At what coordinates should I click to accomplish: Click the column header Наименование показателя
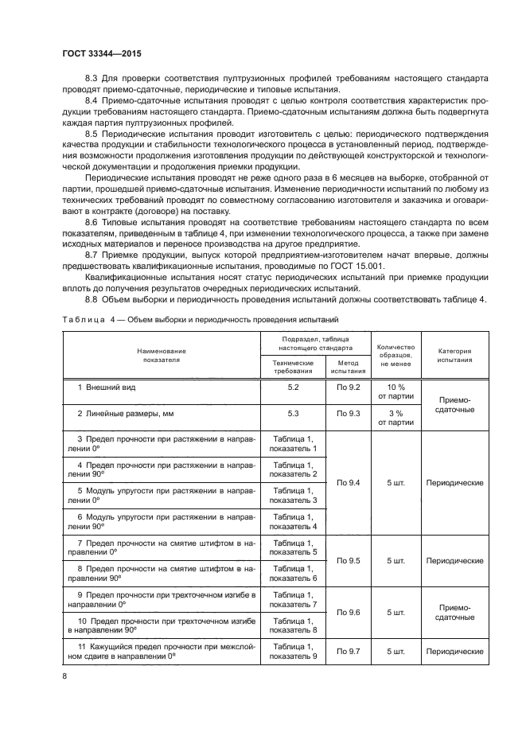pyautogui.click(x=161, y=355)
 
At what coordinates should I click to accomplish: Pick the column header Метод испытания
pyautogui.click(x=348, y=366)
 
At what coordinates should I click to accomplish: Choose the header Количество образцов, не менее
pyautogui.click(x=395, y=355)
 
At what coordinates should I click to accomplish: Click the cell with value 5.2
pyautogui.click(x=292, y=386)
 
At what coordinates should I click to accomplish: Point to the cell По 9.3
pyautogui.click(x=348, y=413)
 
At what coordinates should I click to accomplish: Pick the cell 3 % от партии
pyautogui.click(x=395, y=418)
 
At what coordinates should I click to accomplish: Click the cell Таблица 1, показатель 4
pyautogui.click(x=292, y=521)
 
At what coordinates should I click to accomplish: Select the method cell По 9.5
pyautogui.click(x=348, y=560)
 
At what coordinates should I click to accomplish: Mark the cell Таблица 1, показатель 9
pyautogui.click(x=292, y=651)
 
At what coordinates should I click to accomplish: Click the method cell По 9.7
pyautogui.click(x=348, y=651)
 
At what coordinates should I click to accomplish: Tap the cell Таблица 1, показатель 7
pyautogui.click(x=292, y=599)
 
